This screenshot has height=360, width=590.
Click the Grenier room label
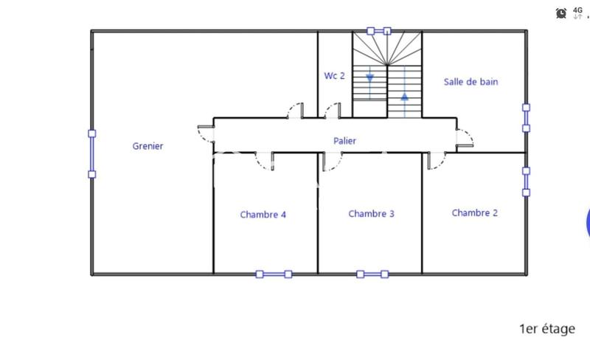[x=147, y=146]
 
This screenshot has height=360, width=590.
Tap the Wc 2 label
[x=334, y=75]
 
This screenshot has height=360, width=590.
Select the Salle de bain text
[x=471, y=82]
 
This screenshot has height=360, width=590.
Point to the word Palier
[x=345, y=140]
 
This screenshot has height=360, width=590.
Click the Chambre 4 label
[x=263, y=215]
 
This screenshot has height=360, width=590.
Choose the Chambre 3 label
[x=371, y=214]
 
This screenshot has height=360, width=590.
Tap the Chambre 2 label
[x=474, y=212]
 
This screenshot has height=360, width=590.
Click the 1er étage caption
[x=546, y=329]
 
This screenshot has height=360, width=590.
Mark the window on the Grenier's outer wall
[x=92, y=154]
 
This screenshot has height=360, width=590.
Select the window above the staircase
[x=379, y=31]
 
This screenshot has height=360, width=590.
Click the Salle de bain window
[x=526, y=118]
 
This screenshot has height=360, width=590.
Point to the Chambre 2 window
[x=526, y=181]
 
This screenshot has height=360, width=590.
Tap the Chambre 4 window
[x=274, y=274]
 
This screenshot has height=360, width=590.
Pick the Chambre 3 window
[x=372, y=274]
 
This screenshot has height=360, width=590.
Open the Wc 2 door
[x=333, y=111]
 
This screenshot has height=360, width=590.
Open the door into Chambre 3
[x=333, y=160]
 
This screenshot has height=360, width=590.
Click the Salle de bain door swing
[x=465, y=138]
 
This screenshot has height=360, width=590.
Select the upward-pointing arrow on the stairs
[x=404, y=94]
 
